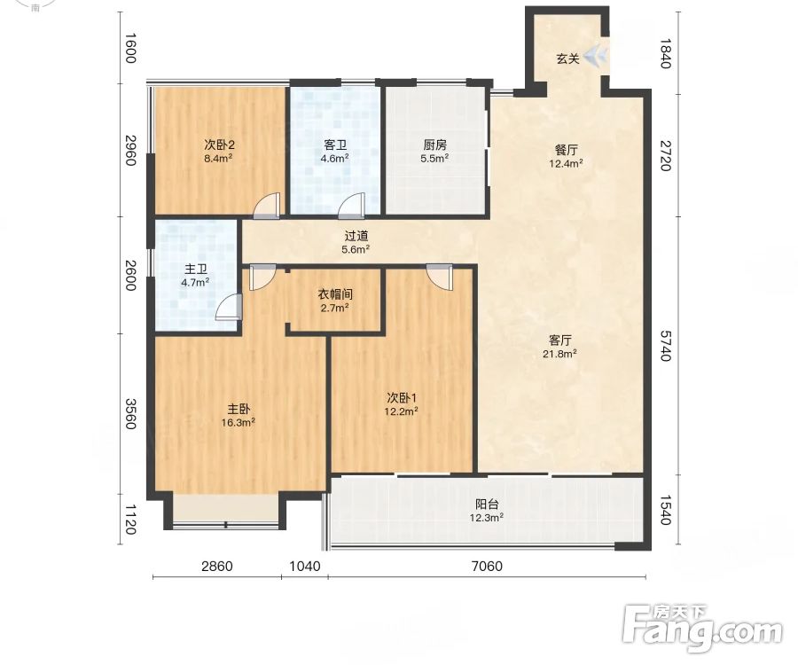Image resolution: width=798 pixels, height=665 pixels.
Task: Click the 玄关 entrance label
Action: click(567, 59)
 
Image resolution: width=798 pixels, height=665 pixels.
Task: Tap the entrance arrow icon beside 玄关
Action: click(596, 56)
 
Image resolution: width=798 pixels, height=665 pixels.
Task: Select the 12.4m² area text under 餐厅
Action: click(566, 163)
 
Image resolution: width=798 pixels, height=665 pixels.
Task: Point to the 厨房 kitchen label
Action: click(434, 145)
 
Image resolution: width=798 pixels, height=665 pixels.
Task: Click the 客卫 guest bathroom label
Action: click(335, 145)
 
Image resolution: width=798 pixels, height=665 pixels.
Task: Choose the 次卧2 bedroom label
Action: click(219, 145)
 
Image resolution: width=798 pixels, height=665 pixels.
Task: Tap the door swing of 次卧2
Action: click(267, 206)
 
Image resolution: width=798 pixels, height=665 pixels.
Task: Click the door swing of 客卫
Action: click(352, 206)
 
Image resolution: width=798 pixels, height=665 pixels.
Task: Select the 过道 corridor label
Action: click(356, 236)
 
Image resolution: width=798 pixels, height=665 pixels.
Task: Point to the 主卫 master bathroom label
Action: click(195, 270)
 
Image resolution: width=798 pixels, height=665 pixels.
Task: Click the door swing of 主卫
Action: click(229, 307)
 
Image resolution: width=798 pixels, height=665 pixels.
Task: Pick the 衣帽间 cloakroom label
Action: click(335, 294)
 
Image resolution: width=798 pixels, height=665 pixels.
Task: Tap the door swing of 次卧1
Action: click(439, 277)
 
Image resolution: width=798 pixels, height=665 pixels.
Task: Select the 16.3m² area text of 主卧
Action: click(239, 422)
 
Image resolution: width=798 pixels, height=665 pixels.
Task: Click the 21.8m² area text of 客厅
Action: click(559, 354)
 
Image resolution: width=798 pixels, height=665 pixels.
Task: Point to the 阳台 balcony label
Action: click(487, 505)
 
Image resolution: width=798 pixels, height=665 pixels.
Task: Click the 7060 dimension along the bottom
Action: click(487, 566)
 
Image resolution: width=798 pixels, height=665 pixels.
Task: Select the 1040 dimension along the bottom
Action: click(305, 566)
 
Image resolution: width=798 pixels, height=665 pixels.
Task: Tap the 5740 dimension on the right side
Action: click(666, 346)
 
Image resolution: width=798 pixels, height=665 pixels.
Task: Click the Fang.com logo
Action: click(702, 628)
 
